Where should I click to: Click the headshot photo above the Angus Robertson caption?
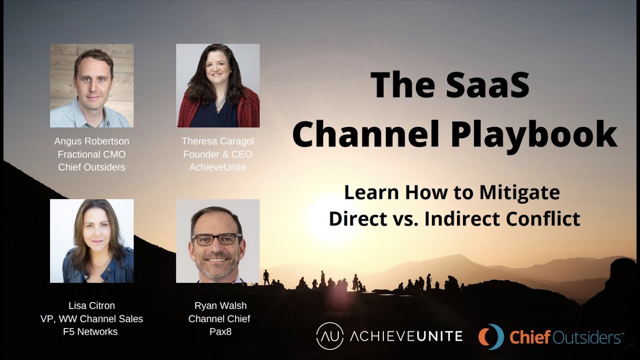click(91, 85)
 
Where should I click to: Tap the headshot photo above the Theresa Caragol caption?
click(217, 85)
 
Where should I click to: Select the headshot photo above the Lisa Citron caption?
click(91, 241)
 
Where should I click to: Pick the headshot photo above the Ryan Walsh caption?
click(217, 241)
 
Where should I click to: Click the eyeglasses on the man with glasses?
click(216, 239)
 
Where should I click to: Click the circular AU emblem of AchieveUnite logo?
click(330, 336)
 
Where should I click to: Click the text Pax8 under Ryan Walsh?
click(220, 331)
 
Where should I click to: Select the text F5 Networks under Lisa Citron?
click(91, 331)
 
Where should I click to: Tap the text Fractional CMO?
click(91, 154)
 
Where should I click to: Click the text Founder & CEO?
click(217, 154)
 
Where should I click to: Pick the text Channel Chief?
click(219, 318)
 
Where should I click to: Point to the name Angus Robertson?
click(91, 141)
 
